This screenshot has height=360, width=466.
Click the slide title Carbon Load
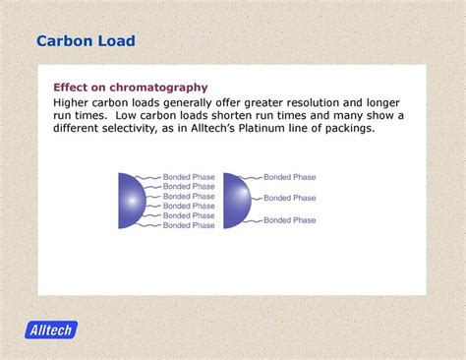coord(86,41)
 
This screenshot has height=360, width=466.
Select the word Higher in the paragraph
coord(75,102)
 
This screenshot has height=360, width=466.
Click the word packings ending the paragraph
coord(345,128)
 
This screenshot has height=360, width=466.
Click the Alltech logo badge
coord(51,330)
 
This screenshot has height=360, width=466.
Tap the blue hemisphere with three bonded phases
coord(236,201)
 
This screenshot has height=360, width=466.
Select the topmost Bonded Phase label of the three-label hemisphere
coord(290,177)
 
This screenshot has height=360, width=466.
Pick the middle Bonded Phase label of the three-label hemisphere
coord(290,198)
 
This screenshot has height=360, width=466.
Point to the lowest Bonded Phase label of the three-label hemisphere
coord(290,220)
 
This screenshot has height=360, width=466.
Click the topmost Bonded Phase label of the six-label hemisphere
coord(189,177)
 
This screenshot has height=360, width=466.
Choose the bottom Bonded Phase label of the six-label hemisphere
coord(189,225)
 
